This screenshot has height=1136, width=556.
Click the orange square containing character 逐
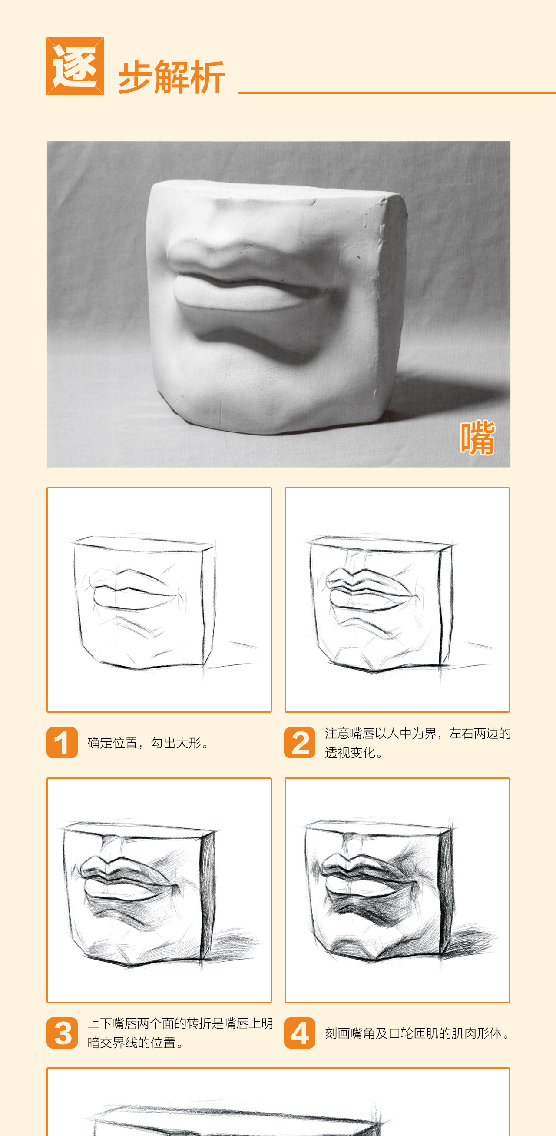click(x=75, y=66)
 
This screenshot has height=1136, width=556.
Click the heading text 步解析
click(x=172, y=77)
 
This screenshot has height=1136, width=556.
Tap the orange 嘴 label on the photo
click(x=477, y=438)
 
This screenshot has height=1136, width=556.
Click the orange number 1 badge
click(x=62, y=743)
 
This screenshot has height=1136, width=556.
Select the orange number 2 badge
click(x=300, y=743)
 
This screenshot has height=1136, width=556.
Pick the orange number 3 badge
click(x=62, y=1033)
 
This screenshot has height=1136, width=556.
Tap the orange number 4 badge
click(x=300, y=1033)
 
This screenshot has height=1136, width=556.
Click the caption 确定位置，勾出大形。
click(x=148, y=743)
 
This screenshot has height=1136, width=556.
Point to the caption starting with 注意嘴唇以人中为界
click(x=418, y=743)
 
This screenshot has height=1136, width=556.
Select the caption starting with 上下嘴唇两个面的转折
click(x=180, y=1033)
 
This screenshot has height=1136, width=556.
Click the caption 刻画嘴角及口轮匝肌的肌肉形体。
click(x=417, y=1033)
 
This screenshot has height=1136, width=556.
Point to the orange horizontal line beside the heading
click(x=397, y=93)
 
